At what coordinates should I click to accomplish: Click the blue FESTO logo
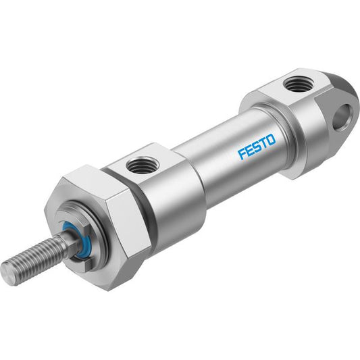[257, 147]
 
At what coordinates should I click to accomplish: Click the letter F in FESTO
[242, 154]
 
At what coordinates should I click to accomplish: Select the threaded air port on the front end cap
[143, 165]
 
